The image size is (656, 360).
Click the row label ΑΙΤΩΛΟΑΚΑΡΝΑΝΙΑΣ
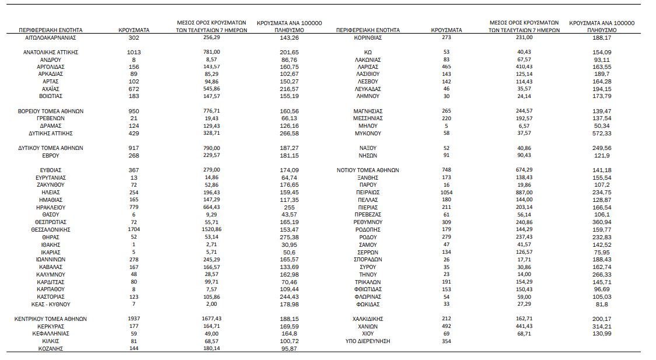click(x=51, y=37)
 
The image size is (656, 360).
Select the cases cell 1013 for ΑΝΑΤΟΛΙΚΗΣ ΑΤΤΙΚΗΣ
click(x=134, y=52)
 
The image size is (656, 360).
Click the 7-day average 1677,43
click(x=212, y=319)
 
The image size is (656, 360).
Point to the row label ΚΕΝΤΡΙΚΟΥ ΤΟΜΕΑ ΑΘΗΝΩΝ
click(x=51, y=319)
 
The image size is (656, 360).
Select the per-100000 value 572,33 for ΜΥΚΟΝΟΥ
click(x=601, y=133)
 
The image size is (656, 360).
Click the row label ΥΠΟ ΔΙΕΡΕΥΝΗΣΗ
click(x=368, y=341)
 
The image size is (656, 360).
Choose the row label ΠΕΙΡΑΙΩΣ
click(x=368, y=192)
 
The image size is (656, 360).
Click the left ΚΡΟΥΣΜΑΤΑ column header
click(x=134, y=29)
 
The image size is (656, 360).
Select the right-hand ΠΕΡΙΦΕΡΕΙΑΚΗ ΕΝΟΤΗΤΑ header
click(x=368, y=29)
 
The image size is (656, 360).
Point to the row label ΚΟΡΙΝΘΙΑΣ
click(x=368, y=37)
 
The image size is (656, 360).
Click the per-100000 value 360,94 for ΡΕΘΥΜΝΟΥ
click(x=601, y=222)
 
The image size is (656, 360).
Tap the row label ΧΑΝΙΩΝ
click(x=368, y=326)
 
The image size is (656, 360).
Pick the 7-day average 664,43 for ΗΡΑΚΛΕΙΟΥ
click(x=212, y=207)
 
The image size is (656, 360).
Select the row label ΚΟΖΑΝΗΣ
click(x=51, y=348)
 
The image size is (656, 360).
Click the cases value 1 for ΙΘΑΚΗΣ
click(x=134, y=244)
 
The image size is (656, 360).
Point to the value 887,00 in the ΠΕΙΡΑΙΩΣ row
click(x=525, y=192)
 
